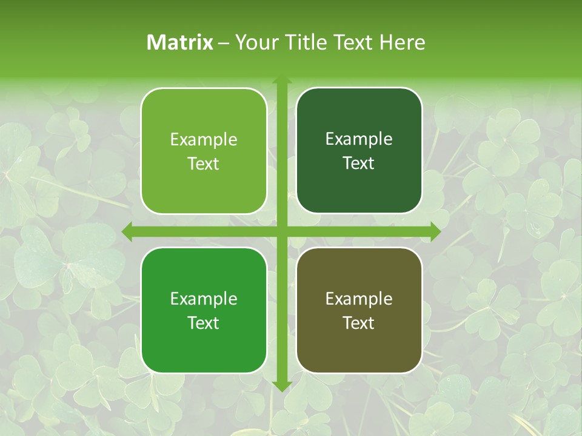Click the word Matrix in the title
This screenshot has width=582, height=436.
click(x=180, y=42)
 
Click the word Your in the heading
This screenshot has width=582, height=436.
click(x=255, y=42)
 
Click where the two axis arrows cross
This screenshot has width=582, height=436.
click(x=281, y=231)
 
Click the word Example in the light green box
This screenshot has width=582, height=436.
click(x=204, y=140)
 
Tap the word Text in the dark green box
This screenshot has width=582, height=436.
click(x=359, y=163)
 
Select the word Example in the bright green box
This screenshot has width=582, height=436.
click(x=204, y=299)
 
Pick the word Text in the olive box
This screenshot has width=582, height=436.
click(x=359, y=323)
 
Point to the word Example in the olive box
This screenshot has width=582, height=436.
click(x=359, y=299)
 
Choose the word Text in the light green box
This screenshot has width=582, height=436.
click(x=204, y=163)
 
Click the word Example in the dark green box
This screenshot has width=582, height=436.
click(x=359, y=139)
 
